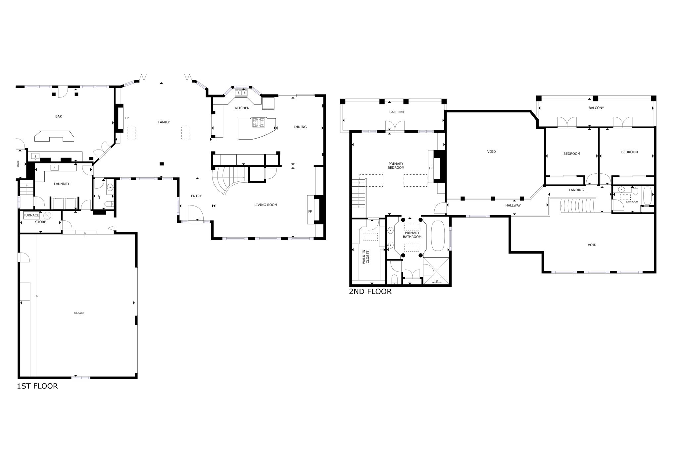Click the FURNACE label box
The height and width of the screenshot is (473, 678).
pyautogui.click(x=31, y=215)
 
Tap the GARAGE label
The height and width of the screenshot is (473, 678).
pyautogui.click(x=79, y=313)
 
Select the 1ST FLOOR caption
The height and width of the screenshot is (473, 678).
pyautogui.click(x=37, y=386)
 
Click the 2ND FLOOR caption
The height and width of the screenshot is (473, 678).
pyautogui.click(x=370, y=292)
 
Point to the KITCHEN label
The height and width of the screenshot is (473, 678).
pyautogui.click(x=242, y=108)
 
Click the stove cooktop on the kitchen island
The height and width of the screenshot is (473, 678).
pyautogui.click(x=258, y=123)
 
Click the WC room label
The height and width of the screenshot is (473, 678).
pyautogui.click(x=99, y=197)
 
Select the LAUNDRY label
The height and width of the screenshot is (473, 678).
pyautogui.click(x=62, y=184)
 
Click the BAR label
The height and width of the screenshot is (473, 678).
pyautogui.click(x=59, y=116)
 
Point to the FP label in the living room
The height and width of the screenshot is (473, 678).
pyautogui.click(x=310, y=211)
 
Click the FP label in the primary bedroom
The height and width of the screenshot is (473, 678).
pyautogui.click(x=431, y=168)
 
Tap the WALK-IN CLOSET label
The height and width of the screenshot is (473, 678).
pyautogui.click(x=365, y=257)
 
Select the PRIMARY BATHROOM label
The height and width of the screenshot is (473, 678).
pyautogui.click(x=412, y=235)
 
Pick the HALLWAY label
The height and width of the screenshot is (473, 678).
pyautogui.click(x=513, y=206)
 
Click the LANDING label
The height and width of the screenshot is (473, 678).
pyautogui.click(x=576, y=190)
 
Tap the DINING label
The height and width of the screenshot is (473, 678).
pyautogui.click(x=300, y=127)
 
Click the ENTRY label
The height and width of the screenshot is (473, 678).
pyautogui.click(x=196, y=196)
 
